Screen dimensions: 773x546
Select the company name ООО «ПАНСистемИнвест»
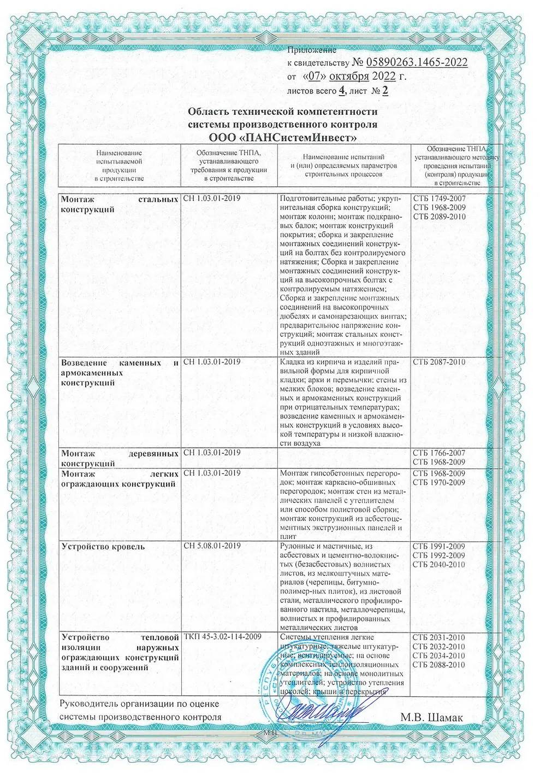tap(283, 137)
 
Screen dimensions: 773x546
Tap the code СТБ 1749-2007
tap(439, 198)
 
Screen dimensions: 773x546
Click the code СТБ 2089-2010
tap(439, 217)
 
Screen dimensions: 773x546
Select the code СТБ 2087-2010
tap(439, 362)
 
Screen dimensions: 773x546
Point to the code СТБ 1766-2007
tap(439, 453)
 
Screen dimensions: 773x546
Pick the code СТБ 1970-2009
tap(439, 482)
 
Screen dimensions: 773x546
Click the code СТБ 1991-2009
tap(439, 546)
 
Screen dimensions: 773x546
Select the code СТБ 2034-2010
tap(439, 656)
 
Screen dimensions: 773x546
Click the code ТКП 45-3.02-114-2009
tap(222, 637)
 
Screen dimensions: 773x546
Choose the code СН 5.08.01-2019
tap(212, 546)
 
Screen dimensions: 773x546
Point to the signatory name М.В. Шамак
tap(434, 717)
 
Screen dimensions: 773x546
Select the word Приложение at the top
tap(312, 50)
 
